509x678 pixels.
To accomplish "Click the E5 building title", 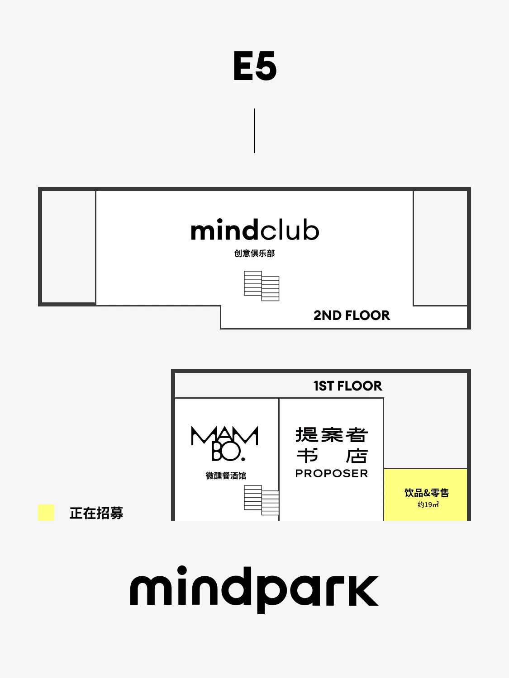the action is point(255,66).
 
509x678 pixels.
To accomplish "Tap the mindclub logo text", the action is point(255,230).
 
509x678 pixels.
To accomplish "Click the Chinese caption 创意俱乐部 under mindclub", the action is point(254,253).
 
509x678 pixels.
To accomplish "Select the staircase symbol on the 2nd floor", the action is point(262,286).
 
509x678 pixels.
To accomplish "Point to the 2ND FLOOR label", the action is point(352,315).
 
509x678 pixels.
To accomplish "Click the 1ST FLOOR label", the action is point(347,386).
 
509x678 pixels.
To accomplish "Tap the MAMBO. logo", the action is point(225,443).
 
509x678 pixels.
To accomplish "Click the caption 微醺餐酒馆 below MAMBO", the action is point(226,476).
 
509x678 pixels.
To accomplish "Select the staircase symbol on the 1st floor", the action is point(262,500).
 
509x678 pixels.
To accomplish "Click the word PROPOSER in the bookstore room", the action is point(332,473).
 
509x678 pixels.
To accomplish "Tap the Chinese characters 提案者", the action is point(332,435).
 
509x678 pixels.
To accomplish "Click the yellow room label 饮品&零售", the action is point(427,493).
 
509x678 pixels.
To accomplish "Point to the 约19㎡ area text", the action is point(428,505).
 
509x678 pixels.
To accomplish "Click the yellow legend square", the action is point(46,513).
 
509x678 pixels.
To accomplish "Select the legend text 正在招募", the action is point(96,513).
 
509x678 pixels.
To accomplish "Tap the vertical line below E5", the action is point(254,131).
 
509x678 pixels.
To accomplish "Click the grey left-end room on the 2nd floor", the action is point(69,247).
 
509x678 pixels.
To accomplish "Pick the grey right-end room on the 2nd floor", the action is point(440,248).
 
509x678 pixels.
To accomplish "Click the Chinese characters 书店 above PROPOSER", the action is point(332,456).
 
